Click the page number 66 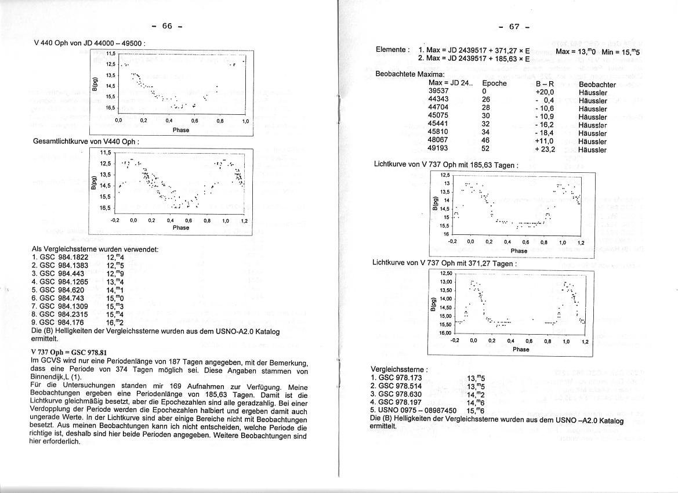pos(167,26)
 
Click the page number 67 pos(514,27)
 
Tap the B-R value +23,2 pos(545,150)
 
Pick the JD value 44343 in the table pos(438,100)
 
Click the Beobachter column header pos(597,85)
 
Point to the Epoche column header pos(494,84)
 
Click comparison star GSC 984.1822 pos(64,257)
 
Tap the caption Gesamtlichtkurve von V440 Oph pos(86,142)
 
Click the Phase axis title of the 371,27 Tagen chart pos(520,349)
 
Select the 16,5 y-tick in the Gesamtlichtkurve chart pos(105,208)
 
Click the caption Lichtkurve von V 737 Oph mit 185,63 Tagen pos(446,165)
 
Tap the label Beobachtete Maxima pos(410,75)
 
